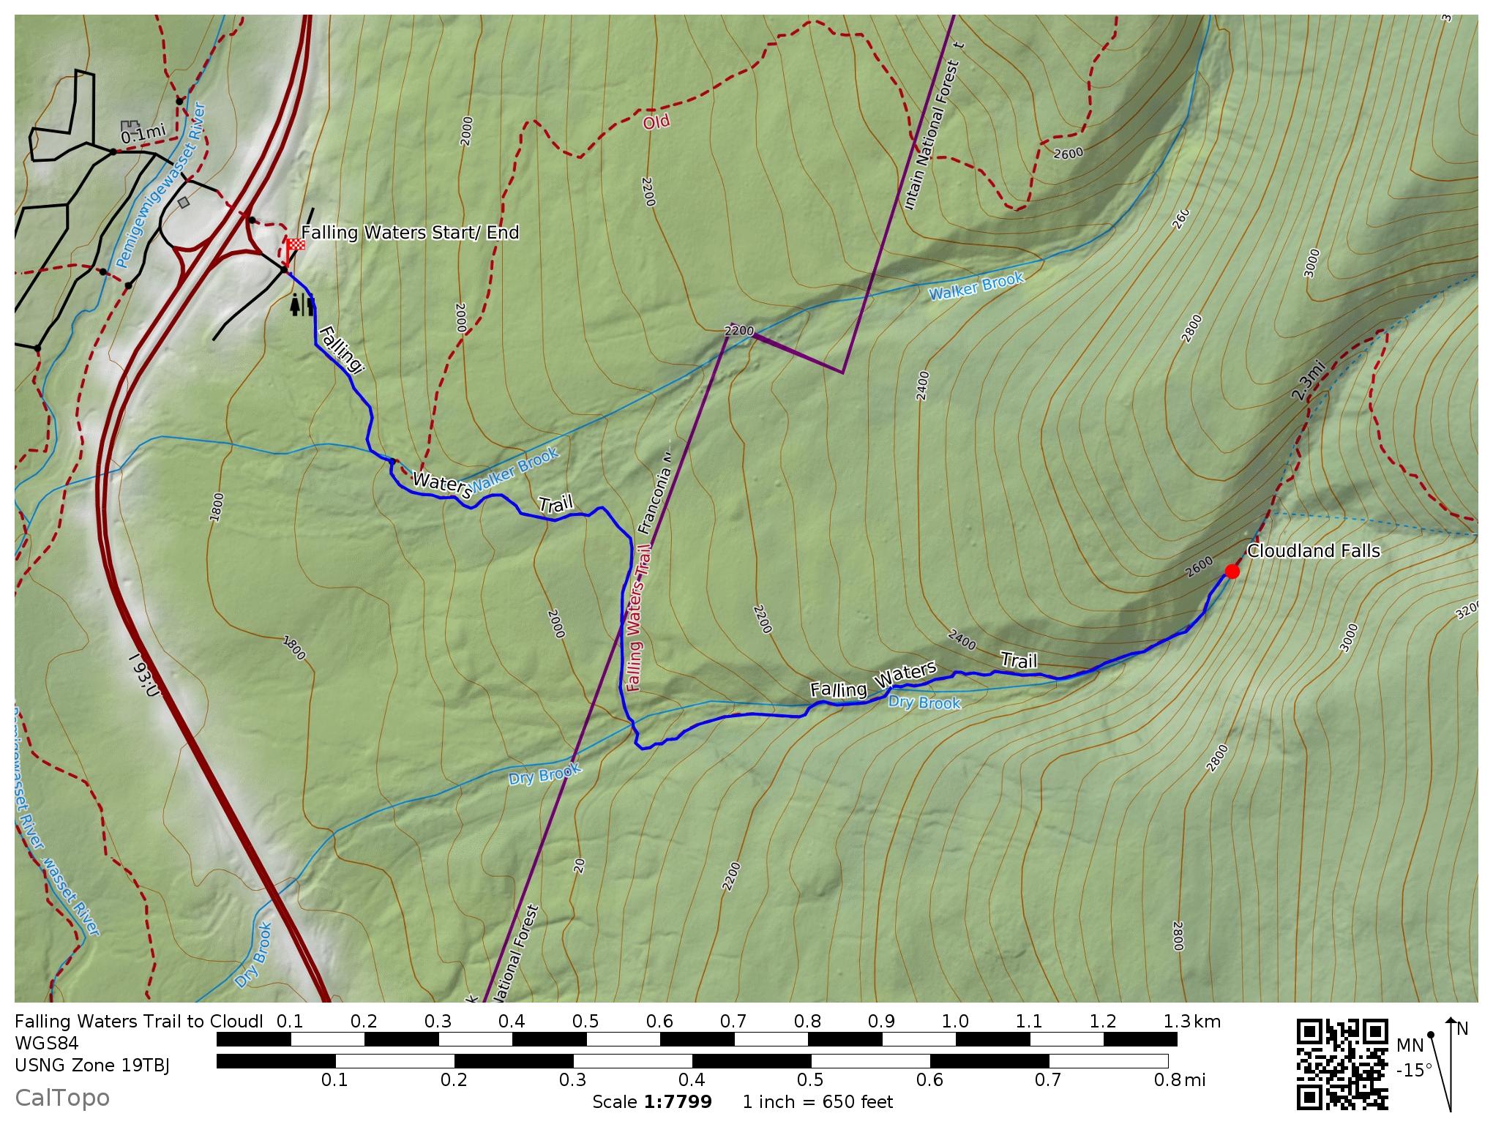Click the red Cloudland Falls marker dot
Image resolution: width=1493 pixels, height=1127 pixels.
pyautogui.click(x=1232, y=571)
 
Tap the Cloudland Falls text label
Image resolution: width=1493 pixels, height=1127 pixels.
pyautogui.click(x=1313, y=550)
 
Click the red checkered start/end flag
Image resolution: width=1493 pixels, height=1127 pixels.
pyautogui.click(x=295, y=245)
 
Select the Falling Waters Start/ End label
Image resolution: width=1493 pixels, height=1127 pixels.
pyautogui.click(x=410, y=233)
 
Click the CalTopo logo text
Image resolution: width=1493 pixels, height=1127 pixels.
pyautogui.click(x=62, y=1098)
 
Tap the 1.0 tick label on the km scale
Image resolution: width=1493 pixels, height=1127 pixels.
pyautogui.click(x=955, y=1022)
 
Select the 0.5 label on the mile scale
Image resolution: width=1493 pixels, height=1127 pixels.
pyautogui.click(x=810, y=1079)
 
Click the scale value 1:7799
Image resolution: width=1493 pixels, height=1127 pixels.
pyautogui.click(x=677, y=1101)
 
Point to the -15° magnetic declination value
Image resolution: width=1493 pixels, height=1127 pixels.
pyautogui.click(x=1414, y=1071)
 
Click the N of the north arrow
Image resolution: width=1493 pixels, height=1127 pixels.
pyautogui.click(x=1462, y=1029)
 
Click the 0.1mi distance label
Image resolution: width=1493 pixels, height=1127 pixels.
pyautogui.click(x=143, y=134)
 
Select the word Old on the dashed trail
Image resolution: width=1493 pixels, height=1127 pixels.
pyautogui.click(x=656, y=122)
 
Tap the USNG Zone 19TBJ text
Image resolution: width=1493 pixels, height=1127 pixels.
pyautogui.click(x=92, y=1065)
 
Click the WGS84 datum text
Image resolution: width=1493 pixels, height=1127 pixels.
pyautogui.click(x=46, y=1043)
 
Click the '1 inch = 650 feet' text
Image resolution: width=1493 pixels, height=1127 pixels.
pyautogui.click(x=817, y=1101)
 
